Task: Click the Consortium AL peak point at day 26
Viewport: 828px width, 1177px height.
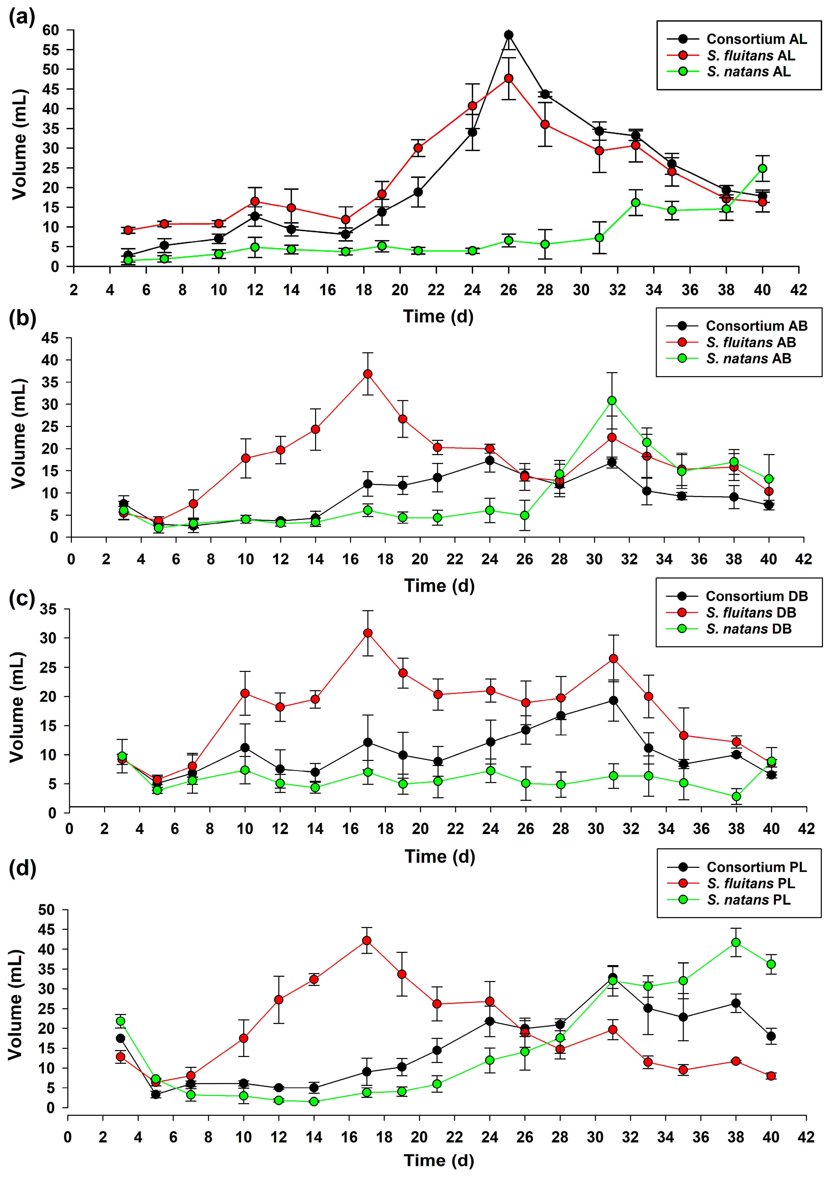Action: click(508, 35)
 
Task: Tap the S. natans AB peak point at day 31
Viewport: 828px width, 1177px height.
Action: click(612, 400)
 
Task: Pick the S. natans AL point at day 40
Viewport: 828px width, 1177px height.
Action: click(762, 169)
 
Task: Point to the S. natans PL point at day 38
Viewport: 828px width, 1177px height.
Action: click(736, 942)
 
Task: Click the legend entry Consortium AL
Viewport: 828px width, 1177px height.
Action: click(756, 39)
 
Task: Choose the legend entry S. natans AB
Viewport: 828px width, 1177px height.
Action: click(748, 358)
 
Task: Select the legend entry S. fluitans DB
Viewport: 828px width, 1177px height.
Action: click(751, 612)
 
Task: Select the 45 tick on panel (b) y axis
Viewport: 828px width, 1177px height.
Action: click(50, 338)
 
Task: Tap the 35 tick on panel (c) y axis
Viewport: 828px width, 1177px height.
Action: click(48, 609)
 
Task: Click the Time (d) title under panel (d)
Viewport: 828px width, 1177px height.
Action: click(439, 1160)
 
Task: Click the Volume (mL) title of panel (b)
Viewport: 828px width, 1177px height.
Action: click(19, 434)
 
